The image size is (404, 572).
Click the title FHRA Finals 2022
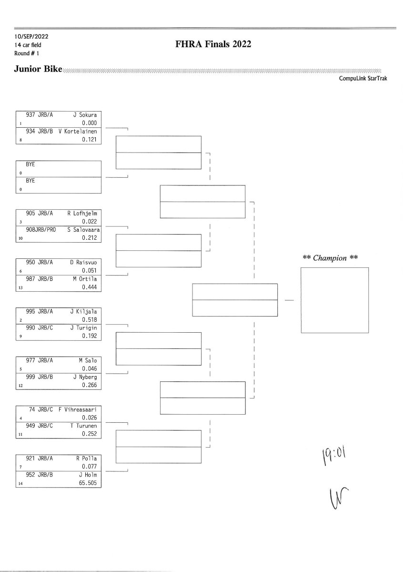[x=213, y=45]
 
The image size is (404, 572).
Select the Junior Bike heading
[x=38, y=70]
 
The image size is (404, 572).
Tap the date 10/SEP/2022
[x=31, y=36]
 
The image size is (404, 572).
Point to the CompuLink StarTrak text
[x=363, y=79]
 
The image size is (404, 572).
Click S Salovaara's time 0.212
[x=89, y=238]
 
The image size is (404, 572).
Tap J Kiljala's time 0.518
[x=89, y=320]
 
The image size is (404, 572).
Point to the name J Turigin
[x=84, y=327]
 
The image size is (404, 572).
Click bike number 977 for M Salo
[x=32, y=361]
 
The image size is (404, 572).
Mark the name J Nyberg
[x=85, y=377]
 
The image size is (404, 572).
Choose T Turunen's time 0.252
[x=89, y=434]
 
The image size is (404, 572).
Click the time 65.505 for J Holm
[x=88, y=483]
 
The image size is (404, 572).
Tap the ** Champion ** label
[x=331, y=258]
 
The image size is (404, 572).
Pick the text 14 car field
[x=28, y=45]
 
